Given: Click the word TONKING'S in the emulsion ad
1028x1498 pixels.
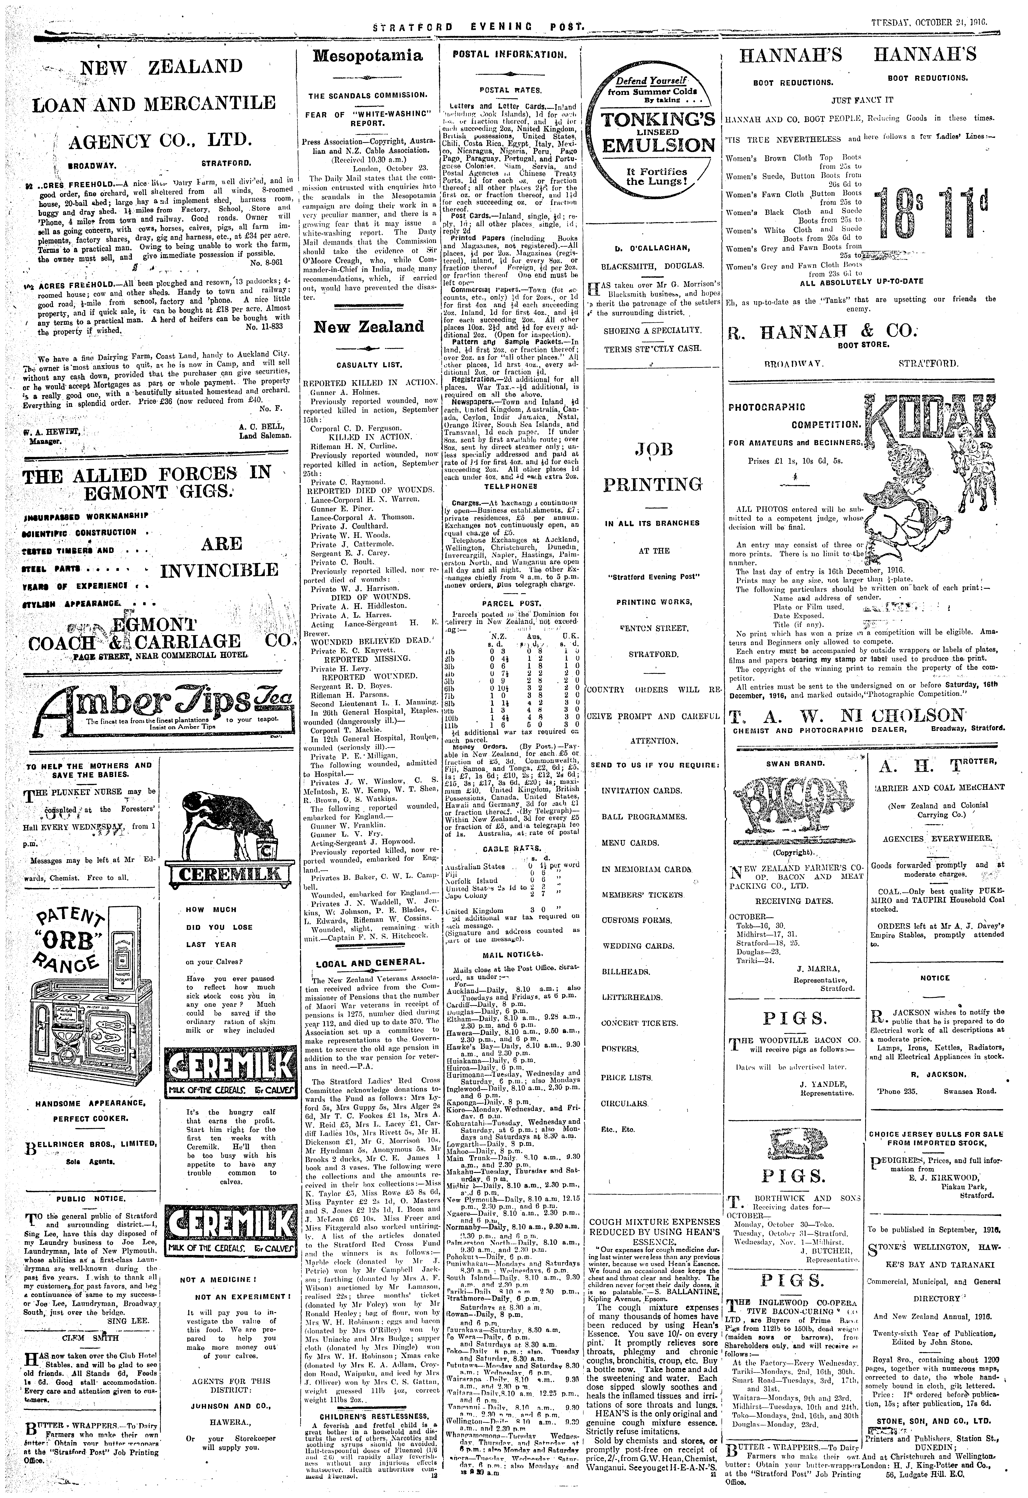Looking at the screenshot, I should [x=658, y=121].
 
